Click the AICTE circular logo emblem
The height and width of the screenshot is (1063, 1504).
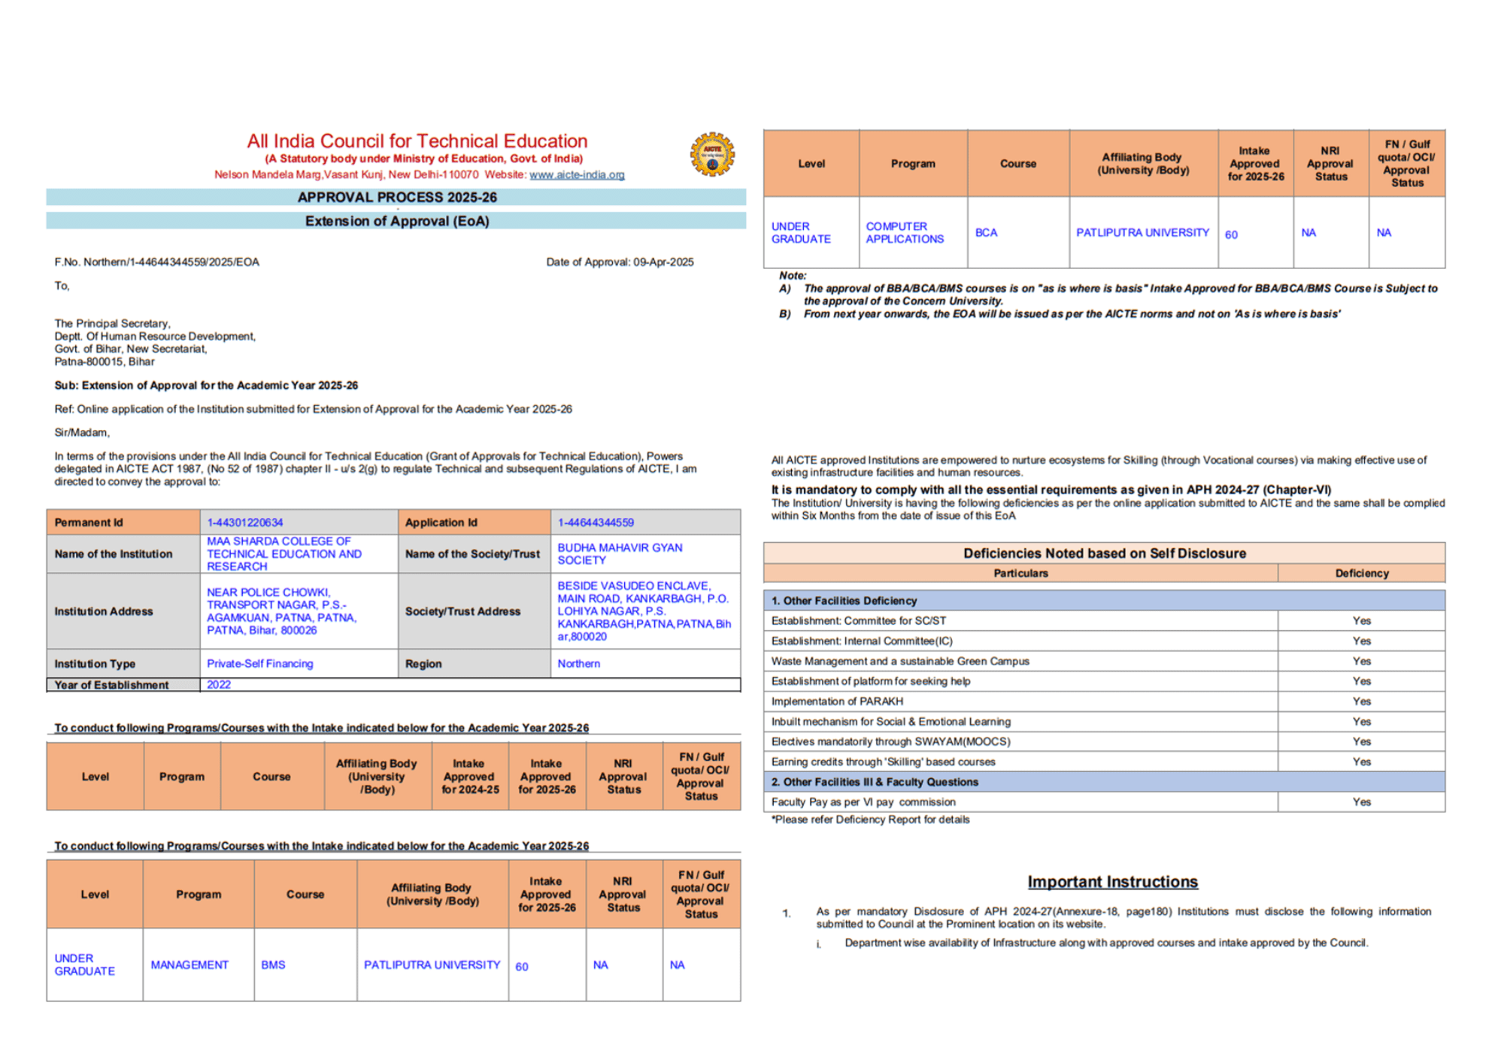712,155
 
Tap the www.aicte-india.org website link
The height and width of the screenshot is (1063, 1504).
577,174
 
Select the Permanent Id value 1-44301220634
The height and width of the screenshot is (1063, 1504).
245,522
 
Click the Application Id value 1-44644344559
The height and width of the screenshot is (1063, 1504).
596,522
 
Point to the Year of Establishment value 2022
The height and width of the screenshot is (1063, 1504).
219,685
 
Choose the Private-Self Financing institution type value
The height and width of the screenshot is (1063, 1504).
260,664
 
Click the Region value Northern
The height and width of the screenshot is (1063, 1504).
579,664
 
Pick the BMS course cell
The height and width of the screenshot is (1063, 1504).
274,965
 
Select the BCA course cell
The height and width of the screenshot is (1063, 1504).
986,233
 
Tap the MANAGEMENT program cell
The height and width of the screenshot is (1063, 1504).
190,965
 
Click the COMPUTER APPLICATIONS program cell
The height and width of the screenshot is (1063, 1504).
905,233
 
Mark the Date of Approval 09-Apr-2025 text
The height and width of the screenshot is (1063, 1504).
620,262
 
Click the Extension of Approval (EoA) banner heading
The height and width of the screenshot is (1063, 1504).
396,221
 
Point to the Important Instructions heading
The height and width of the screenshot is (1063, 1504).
1112,882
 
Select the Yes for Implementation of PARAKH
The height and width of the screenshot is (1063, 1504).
1361,701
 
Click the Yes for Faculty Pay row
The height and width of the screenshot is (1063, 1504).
1361,802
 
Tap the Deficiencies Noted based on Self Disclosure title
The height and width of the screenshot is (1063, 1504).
1104,553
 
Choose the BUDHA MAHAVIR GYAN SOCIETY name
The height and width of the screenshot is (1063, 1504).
620,554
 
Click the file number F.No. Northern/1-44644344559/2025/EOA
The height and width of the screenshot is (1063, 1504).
156,262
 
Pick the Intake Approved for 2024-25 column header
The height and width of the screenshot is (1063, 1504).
470,777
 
